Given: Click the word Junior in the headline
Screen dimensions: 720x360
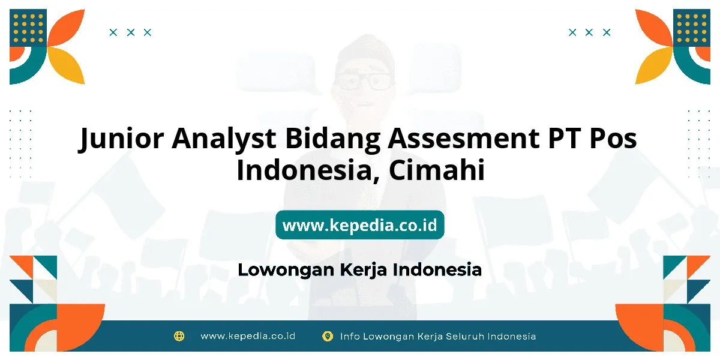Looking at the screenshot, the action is coord(121,139).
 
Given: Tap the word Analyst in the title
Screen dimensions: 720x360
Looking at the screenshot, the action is coord(224,139).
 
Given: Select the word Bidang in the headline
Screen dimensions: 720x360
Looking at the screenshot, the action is coord(332,139).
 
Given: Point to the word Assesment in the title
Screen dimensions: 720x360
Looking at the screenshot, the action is coord(463,138).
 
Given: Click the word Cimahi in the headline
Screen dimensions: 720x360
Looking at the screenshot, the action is coord(437,169).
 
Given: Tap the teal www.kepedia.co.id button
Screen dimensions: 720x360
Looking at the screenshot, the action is coord(359,224).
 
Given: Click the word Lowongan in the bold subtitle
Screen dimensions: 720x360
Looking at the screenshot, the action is coord(286,270).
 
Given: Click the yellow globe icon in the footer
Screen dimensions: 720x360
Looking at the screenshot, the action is coord(179,336).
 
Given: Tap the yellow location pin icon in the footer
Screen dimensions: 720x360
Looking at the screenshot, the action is coord(328,336).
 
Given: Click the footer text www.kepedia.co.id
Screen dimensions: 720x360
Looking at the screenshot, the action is coord(248,336).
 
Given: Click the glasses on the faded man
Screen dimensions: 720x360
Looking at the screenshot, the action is coord(364,81).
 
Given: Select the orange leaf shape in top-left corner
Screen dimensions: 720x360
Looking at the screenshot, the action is coord(66,28).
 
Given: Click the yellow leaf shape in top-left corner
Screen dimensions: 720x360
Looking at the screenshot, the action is coord(66,65).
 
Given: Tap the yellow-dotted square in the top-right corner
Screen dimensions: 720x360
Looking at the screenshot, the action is coord(692,28).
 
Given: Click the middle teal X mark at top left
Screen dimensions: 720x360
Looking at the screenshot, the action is coord(131,32).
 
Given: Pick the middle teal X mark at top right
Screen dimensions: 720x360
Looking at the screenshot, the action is coord(589,32).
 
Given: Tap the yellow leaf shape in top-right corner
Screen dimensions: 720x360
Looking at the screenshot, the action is coord(654,65).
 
